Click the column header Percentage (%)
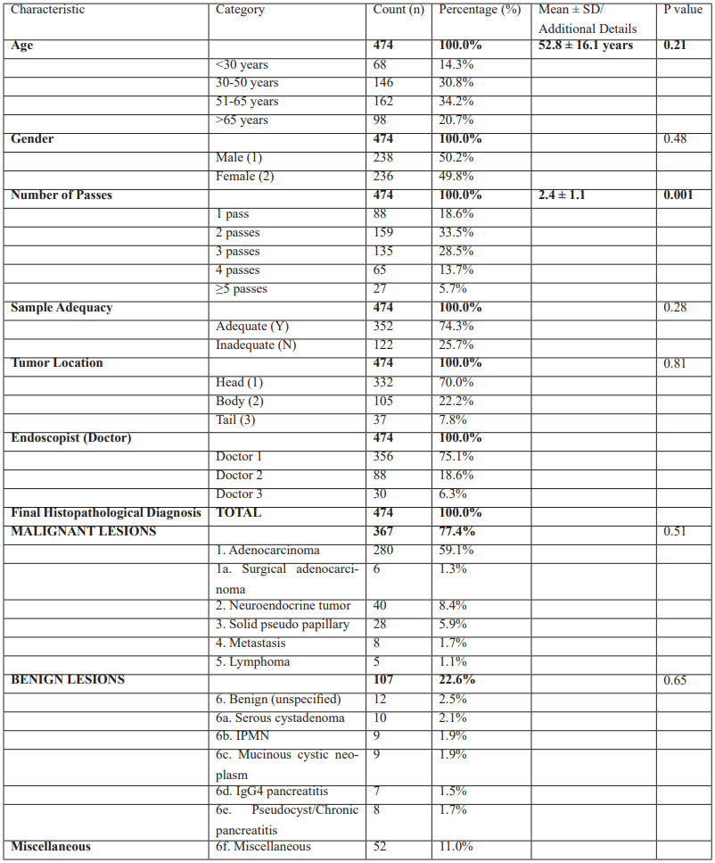pos(479,10)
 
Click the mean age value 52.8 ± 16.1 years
pos(586,46)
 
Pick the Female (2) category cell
pos(245,177)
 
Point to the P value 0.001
pos(678,195)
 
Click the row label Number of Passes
pos(62,195)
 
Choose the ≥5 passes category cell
pos(242,289)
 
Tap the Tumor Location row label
pos(57,363)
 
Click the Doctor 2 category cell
pos(240,476)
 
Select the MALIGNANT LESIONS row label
pos(84,532)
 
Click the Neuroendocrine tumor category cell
pos(283,606)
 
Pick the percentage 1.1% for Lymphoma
pos(453,662)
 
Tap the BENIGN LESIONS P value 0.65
pos(675,680)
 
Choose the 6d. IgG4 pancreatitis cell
pos(272,792)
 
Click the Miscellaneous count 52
pos(380,847)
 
